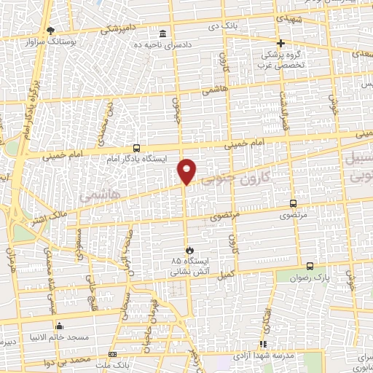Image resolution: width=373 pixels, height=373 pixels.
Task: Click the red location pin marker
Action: (187, 170)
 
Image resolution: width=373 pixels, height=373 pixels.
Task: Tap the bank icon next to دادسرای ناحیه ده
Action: (162, 34)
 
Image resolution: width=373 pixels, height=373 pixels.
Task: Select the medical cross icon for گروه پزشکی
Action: (280, 43)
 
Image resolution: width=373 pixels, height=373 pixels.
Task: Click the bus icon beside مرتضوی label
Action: (293, 204)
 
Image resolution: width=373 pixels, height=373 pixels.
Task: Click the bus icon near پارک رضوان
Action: (310, 267)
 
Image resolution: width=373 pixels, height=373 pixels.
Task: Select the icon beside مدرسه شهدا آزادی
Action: (264, 343)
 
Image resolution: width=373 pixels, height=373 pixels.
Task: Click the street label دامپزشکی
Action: (115, 28)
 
